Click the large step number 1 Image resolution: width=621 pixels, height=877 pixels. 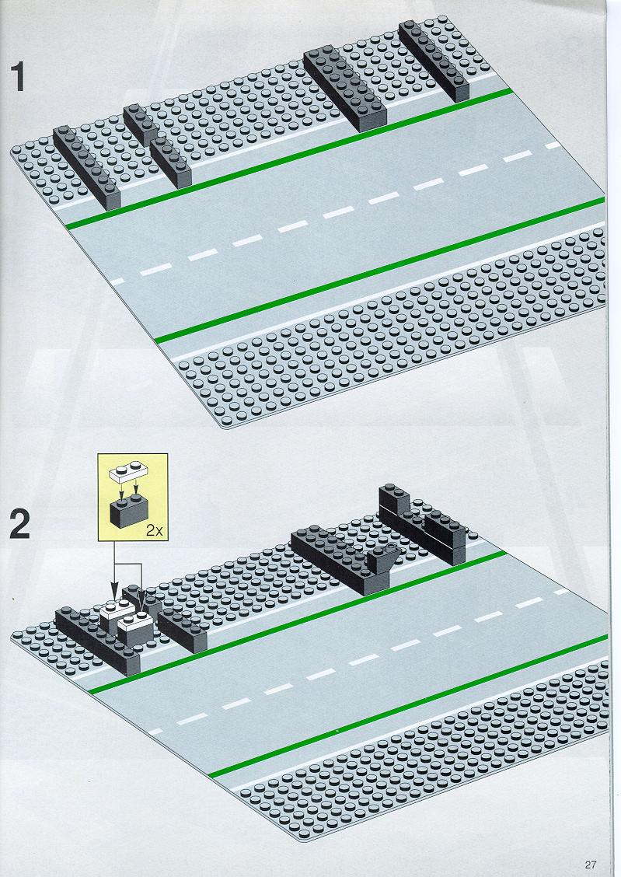[x=19, y=77]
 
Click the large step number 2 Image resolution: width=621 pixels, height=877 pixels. [x=19, y=526]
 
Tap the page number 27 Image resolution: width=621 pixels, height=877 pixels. [x=591, y=864]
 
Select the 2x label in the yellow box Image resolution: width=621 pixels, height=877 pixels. [x=154, y=530]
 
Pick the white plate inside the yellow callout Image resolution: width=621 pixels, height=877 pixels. [x=132, y=471]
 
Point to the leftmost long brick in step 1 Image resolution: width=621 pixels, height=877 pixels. [x=86, y=167]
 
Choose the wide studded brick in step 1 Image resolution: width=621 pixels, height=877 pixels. [x=345, y=89]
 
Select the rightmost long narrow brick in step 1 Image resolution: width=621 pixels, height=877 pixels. [x=434, y=61]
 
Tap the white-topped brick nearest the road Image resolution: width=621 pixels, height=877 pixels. [x=134, y=629]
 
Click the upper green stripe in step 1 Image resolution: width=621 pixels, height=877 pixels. [x=289, y=159]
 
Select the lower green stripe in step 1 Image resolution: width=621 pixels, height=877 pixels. [x=379, y=270]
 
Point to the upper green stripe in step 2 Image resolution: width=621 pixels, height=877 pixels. [x=298, y=623]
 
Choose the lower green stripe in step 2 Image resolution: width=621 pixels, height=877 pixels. [x=408, y=707]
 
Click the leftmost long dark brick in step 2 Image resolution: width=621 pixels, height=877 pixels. [x=98, y=642]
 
